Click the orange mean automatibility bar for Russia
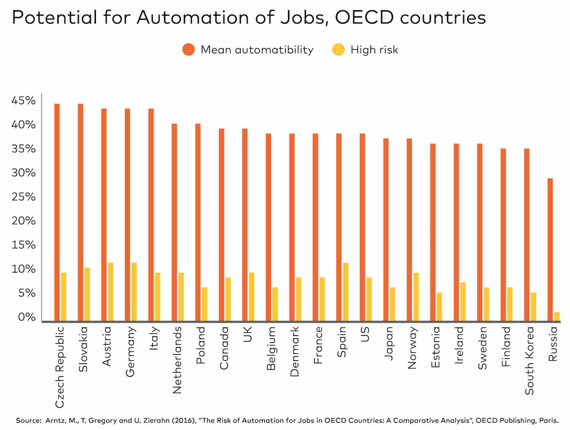(x=550, y=249)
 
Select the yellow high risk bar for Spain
(x=345, y=292)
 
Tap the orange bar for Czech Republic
(x=57, y=212)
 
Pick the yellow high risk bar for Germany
(x=134, y=292)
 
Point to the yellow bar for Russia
(x=557, y=316)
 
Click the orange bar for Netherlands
(x=174, y=222)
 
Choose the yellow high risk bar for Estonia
(x=439, y=306)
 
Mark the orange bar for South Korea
(x=527, y=234)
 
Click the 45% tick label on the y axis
(x=24, y=101)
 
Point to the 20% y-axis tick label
(x=24, y=221)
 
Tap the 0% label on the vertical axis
(x=26, y=317)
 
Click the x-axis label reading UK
(x=247, y=334)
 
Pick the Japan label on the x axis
(x=388, y=343)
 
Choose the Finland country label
(x=506, y=346)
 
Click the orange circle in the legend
(x=188, y=49)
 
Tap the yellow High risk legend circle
(x=338, y=49)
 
